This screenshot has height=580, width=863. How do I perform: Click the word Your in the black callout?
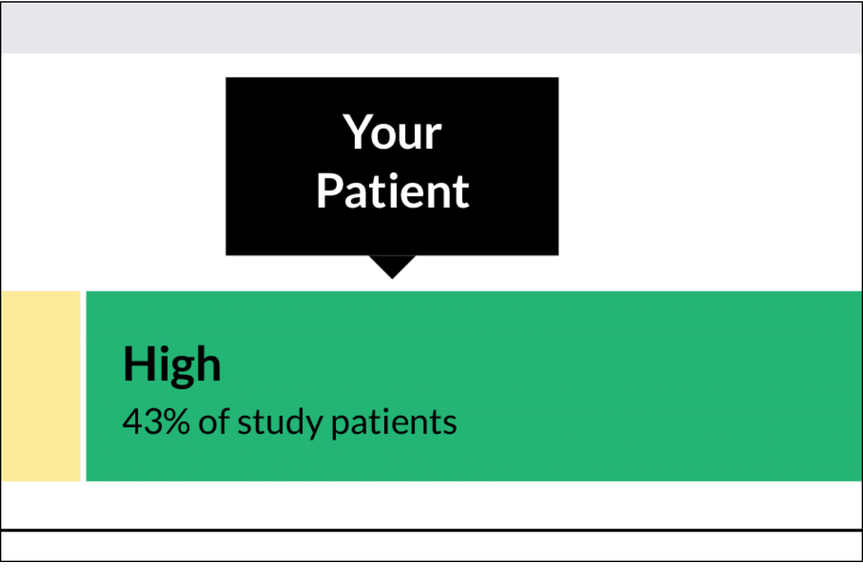pos(392,132)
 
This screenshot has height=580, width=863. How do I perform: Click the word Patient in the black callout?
pos(392,190)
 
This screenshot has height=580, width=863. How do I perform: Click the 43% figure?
pos(156,422)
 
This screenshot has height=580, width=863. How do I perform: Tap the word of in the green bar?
pos(214,421)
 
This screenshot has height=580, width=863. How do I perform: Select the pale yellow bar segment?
pos(41,386)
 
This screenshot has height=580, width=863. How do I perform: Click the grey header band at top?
pos(431,28)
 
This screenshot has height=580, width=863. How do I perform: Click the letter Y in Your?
pos(356,131)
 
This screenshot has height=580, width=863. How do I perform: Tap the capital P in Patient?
pos(329,190)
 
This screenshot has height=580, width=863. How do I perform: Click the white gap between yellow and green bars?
pos(83,386)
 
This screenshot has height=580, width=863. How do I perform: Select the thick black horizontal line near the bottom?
pos(431,530)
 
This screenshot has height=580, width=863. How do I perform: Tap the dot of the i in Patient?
pos(394,176)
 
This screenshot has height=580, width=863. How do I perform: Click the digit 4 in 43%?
pos(131,422)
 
